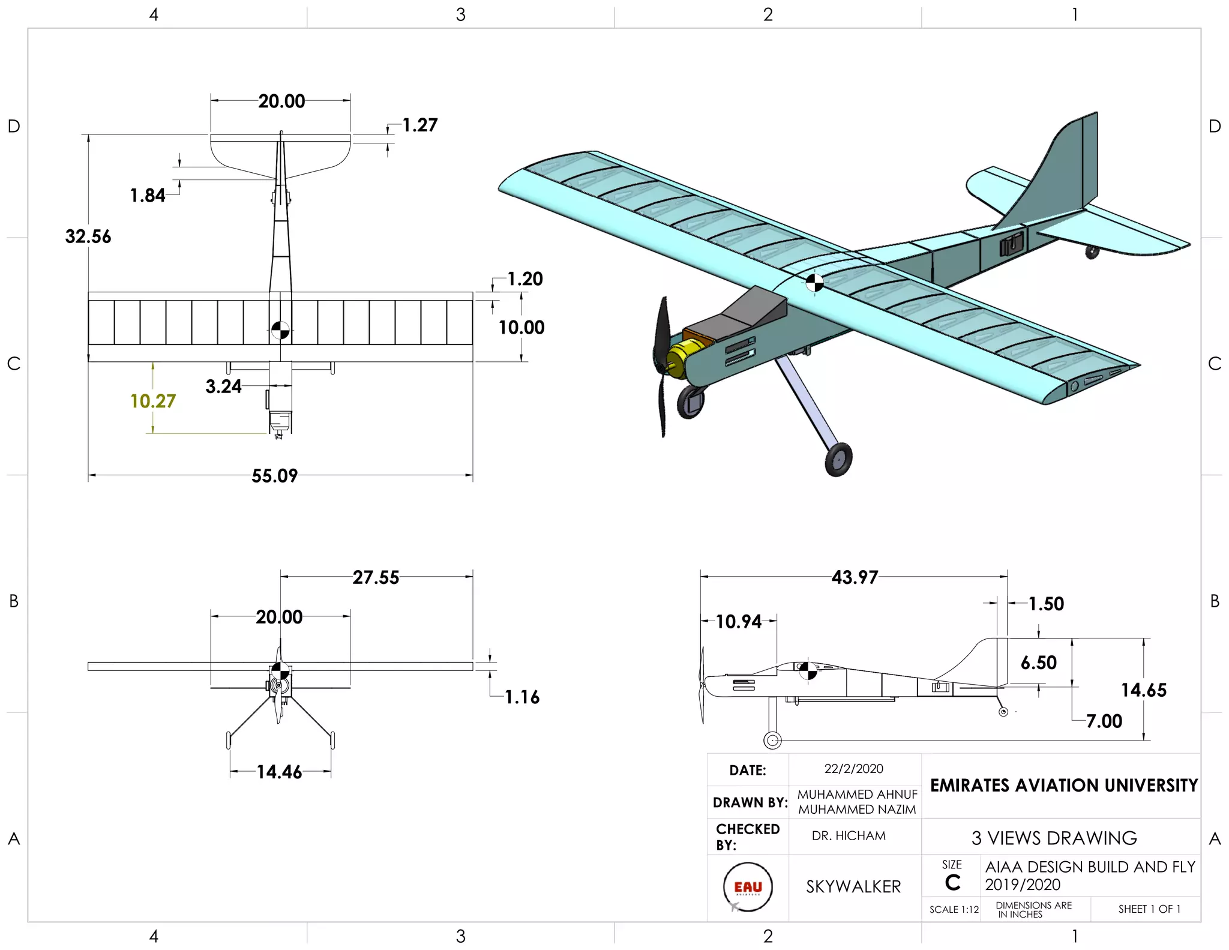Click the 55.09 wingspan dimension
click(274, 476)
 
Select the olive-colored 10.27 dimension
click(153, 401)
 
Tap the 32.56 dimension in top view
click(88, 236)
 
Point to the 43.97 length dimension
click(854, 577)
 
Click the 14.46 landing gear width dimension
click(279, 772)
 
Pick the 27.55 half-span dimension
click(376, 577)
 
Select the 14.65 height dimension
click(1143, 690)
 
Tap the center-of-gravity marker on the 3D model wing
click(814, 283)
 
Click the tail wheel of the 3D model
click(1092, 252)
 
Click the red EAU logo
click(748, 887)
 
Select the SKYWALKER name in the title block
click(853, 887)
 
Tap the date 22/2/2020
click(853, 769)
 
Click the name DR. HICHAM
click(849, 836)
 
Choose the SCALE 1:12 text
click(954, 909)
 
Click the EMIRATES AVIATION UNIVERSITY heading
click(1063, 786)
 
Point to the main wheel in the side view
click(772, 741)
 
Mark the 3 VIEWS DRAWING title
click(1054, 838)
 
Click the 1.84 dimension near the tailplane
click(148, 196)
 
